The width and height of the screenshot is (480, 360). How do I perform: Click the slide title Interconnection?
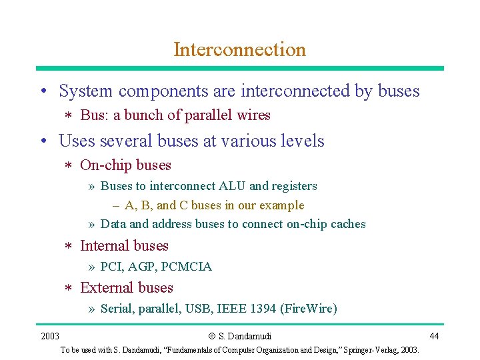pyautogui.click(x=239, y=49)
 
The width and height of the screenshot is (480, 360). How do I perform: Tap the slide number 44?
pyautogui.click(x=434, y=335)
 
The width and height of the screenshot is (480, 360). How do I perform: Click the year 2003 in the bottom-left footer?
pyautogui.click(x=50, y=335)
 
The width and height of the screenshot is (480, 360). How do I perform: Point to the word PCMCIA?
pyautogui.click(x=187, y=267)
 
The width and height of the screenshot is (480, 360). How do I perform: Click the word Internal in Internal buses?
pyautogui.click(x=103, y=245)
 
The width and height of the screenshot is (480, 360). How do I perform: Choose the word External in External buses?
pyautogui.click(x=105, y=287)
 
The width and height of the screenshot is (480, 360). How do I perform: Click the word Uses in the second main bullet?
pyautogui.click(x=74, y=141)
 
